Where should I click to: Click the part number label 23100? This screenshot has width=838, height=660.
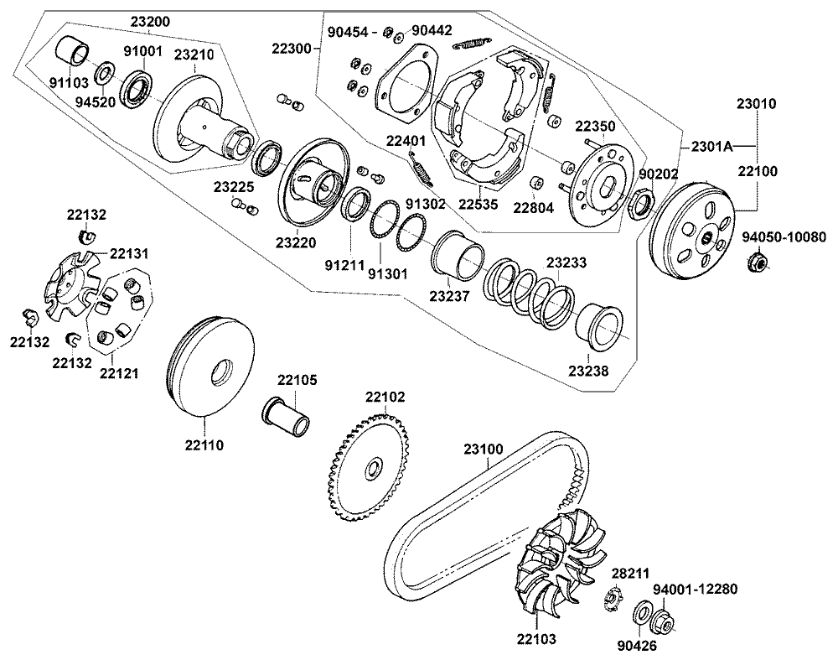click(x=484, y=450)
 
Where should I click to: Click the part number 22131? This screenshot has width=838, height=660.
click(x=129, y=252)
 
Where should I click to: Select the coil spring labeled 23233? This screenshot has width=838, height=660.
click(x=533, y=294)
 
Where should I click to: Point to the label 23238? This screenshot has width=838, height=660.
click(x=590, y=371)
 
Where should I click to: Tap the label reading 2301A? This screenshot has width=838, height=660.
click(x=711, y=147)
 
